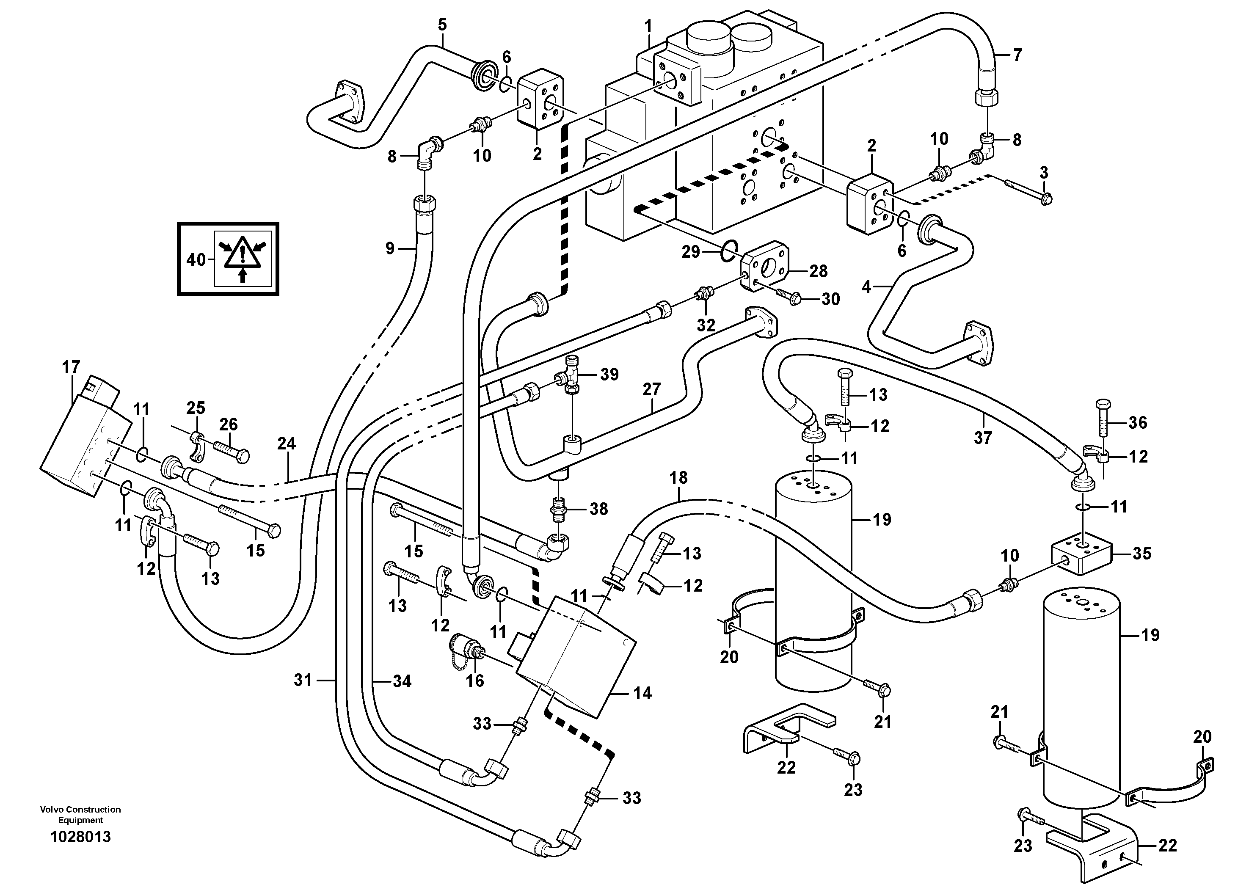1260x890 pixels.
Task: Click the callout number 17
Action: coord(71,367)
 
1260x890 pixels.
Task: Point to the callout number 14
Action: coord(642,693)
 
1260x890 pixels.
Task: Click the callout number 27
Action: coord(651,390)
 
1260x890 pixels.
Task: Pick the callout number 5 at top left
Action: coord(442,25)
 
